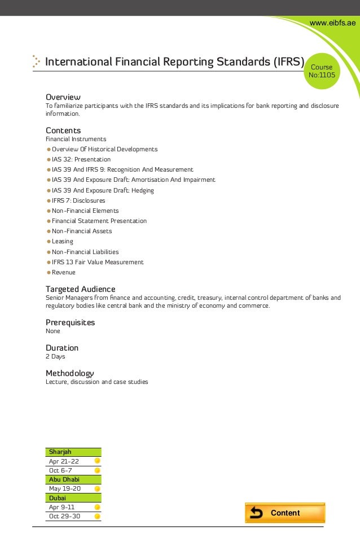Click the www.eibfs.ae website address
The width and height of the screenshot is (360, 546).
(x=333, y=22)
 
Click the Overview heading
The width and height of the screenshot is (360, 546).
(x=63, y=97)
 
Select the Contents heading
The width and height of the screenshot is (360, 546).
(x=63, y=130)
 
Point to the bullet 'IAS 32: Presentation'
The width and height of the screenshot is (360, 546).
(x=81, y=160)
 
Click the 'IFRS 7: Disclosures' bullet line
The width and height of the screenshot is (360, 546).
(x=78, y=200)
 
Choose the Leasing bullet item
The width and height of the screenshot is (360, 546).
(x=63, y=242)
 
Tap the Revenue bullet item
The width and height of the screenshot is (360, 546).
(x=64, y=272)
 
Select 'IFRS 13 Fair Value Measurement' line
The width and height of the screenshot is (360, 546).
(x=98, y=262)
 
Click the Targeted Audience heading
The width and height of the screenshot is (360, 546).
(x=80, y=289)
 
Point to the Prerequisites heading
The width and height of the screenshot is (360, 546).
(x=70, y=322)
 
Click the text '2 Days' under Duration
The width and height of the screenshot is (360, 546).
(x=55, y=357)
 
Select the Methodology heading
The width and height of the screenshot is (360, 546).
(x=69, y=373)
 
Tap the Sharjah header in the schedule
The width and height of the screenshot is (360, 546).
(x=60, y=452)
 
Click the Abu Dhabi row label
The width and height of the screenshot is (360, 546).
(x=64, y=479)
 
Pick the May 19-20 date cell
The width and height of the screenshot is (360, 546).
(x=65, y=488)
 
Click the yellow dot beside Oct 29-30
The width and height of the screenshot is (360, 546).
(x=97, y=516)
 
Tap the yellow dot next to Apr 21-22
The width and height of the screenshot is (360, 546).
(x=97, y=461)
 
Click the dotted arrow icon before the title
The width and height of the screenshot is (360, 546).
(x=36, y=62)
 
